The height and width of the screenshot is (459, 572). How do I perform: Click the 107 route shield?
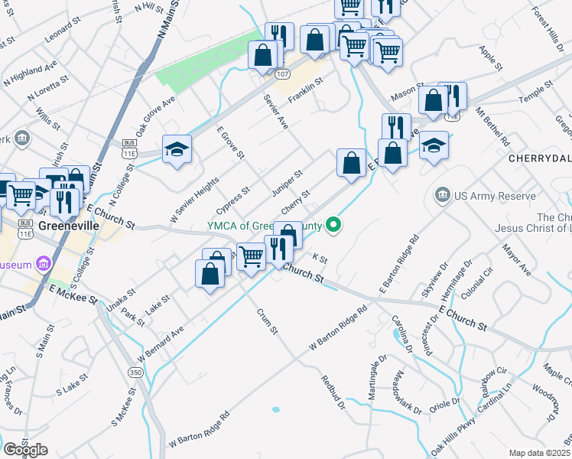click(x=283, y=74)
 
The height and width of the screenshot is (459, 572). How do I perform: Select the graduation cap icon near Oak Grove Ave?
click(x=177, y=149)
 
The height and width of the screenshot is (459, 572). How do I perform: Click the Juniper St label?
click(x=288, y=183)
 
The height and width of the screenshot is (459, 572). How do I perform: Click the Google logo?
click(x=25, y=450)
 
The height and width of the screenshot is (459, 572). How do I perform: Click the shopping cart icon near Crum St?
click(x=250, y=256)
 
